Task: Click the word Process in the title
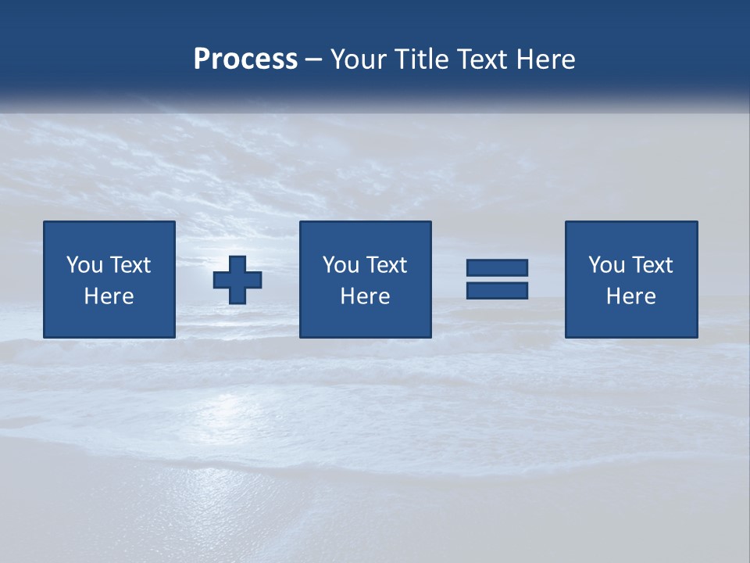[x=245, y=59]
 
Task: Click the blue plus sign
[x=237, y=280]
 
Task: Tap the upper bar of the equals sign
[x=497, y=267]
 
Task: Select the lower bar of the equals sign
[x=497, y=290]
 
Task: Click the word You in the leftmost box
[x=84, y=265]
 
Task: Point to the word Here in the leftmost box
[x=109, y=296]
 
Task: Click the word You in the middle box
[x=340, y=265]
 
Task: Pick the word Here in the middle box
[x=365, y=296]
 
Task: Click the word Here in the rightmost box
[x=630, y=296]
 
